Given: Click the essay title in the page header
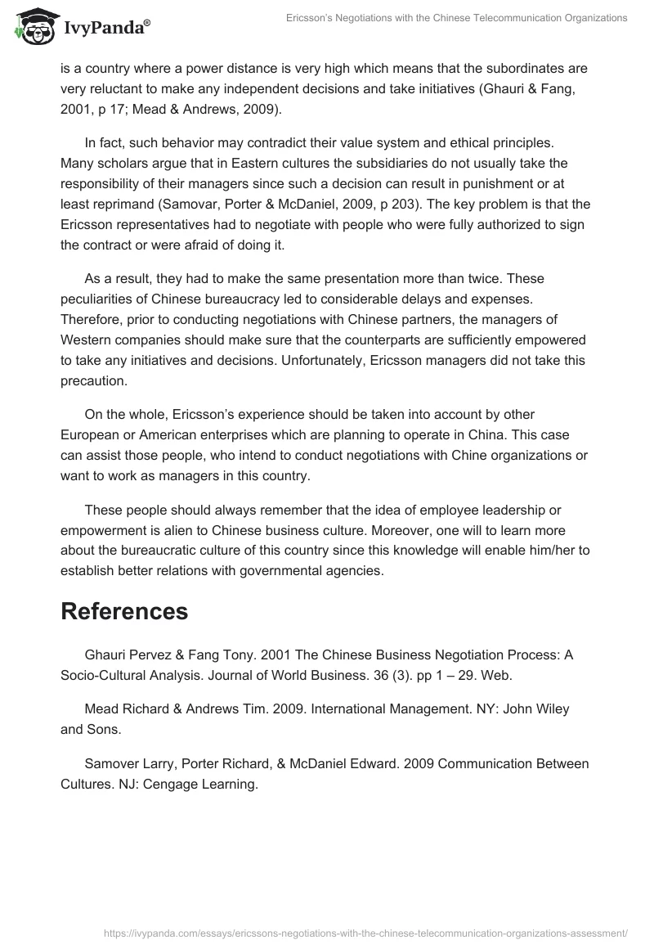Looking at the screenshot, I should pyautogui.click(x=457, y=18).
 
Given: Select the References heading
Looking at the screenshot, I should pyautogui.click(x=124, y=610).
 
